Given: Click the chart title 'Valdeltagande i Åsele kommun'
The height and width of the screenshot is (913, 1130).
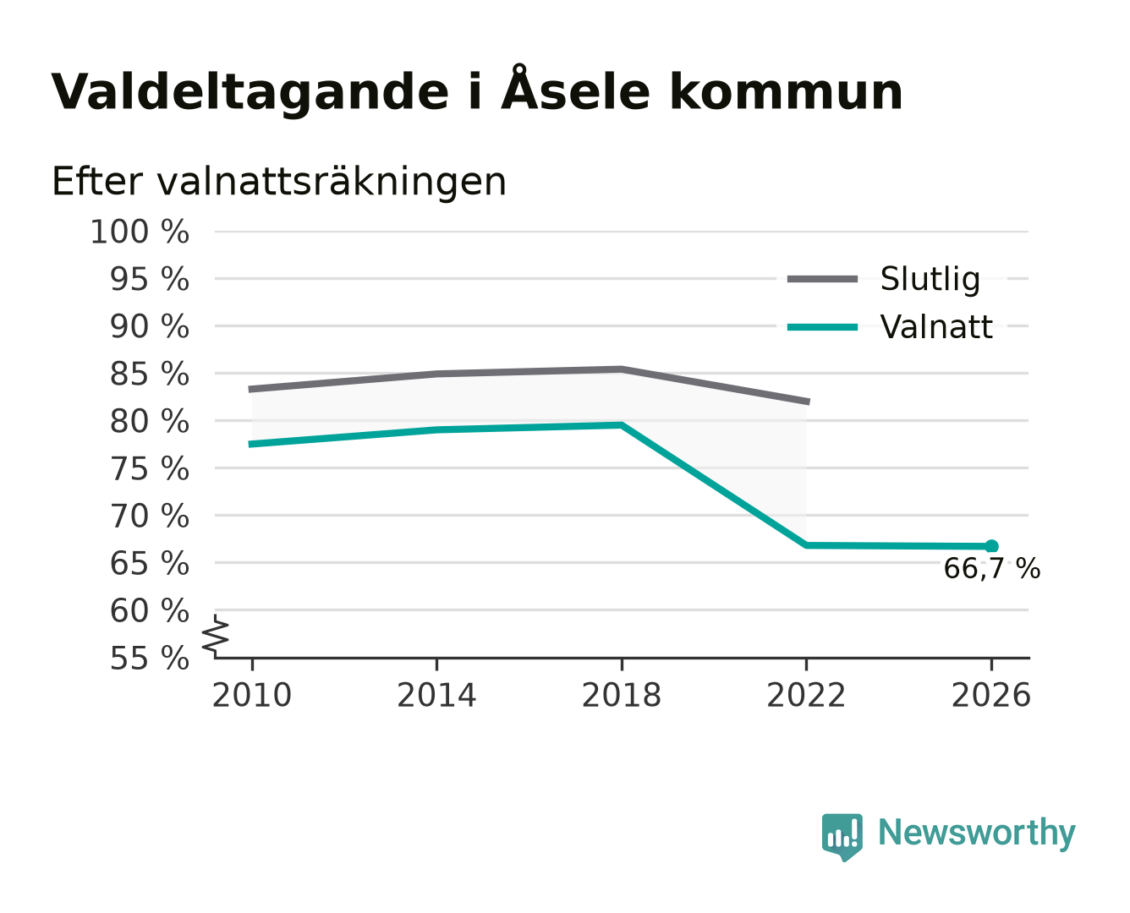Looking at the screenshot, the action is pos(476,89).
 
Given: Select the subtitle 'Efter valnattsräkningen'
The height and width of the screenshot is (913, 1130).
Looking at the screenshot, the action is pos(279,182).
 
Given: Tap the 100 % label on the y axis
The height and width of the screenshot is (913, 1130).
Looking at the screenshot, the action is pos(140,232).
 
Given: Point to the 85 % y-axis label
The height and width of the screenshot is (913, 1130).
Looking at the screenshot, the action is pos(149,374).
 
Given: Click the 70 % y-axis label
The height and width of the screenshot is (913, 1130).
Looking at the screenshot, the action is pos(149,516).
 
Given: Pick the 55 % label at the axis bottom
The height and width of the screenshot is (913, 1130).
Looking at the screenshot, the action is pos(149,658).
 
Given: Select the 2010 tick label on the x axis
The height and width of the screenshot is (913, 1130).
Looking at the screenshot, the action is pos(252,695).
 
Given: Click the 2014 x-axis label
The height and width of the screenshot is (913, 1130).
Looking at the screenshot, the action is pos(436,695).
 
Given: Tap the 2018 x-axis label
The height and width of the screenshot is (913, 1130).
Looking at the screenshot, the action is pos(621,695).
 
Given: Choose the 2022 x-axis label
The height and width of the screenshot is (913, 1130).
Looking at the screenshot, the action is pos(806,695).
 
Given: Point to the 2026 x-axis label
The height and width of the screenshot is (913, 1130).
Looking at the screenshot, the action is pos(990,695).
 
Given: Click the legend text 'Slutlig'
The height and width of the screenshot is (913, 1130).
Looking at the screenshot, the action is pos(930,279).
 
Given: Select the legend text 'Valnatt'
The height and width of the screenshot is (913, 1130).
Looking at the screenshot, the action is pos(936,326).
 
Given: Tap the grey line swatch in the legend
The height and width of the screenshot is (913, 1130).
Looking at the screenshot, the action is pos(822,279).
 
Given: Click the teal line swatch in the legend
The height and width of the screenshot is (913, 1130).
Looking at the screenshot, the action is pos(822,327).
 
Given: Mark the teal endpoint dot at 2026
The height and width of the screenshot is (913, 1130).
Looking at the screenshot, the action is pos(991,546).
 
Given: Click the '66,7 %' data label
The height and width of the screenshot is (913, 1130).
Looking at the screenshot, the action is pos(991,568).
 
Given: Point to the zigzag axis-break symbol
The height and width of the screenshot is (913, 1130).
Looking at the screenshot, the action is pos(216,637).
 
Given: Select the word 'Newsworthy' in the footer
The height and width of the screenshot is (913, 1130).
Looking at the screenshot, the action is pos(977,834).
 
